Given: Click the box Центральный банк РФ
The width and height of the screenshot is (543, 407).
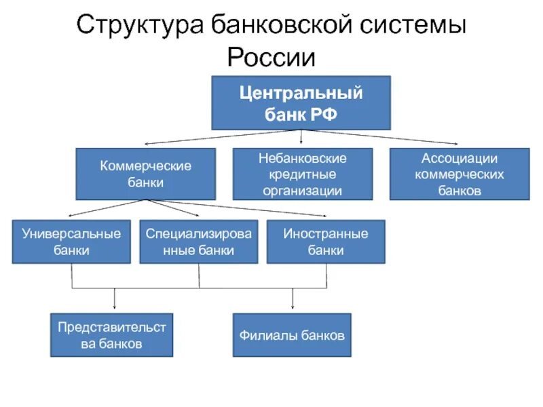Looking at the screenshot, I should point(301,102).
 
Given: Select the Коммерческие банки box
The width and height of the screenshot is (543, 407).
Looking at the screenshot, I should point(145,174).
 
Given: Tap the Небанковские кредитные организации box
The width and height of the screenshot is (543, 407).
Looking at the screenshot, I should point(303,174).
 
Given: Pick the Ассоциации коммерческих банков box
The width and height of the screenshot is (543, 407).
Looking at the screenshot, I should point(460,174).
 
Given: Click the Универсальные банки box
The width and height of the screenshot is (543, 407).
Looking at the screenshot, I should point(71,241).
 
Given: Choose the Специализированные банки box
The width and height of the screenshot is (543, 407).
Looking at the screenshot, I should point(199,241).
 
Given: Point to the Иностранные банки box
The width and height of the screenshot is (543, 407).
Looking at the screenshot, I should point(326,241).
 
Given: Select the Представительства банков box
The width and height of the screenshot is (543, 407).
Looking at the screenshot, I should point(112,335).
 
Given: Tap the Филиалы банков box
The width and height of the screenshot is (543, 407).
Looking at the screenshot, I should point(292,335).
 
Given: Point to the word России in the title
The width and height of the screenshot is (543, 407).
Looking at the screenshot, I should point(271,57).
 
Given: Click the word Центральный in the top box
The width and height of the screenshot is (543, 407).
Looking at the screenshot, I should point(301,94).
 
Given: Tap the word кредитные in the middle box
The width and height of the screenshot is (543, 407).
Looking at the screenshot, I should point(303,174).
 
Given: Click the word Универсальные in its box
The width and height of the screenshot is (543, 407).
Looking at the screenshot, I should point(71,234).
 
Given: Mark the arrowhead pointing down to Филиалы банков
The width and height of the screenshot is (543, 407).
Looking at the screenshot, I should point(293,308).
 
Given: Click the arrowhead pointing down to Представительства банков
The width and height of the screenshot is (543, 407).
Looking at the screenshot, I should point(114,308).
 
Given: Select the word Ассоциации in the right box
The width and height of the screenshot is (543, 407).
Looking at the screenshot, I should point(460,159).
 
